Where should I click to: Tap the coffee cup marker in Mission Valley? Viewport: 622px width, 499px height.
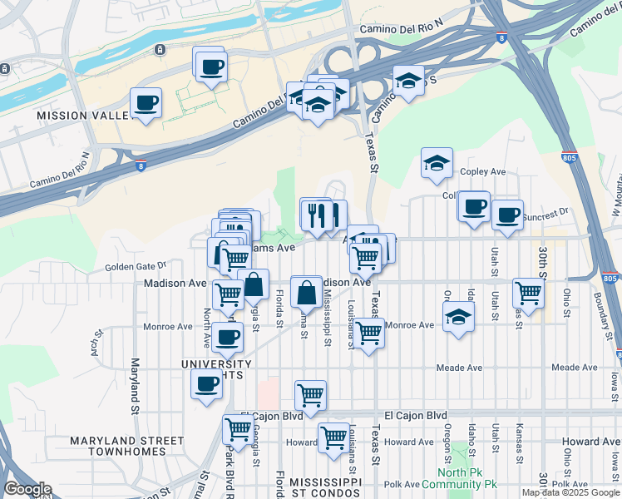click(146, 103)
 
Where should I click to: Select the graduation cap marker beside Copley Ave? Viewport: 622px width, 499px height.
click(437, 164)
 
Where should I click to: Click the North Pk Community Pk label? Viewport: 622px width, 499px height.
click(459, 477)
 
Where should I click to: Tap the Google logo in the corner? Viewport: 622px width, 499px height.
click(27, 489)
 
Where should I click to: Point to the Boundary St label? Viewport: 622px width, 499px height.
click(598, 315)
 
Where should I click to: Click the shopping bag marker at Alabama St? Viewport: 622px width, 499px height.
click(306, 292)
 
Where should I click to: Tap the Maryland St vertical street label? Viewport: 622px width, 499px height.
click(133, 387)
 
